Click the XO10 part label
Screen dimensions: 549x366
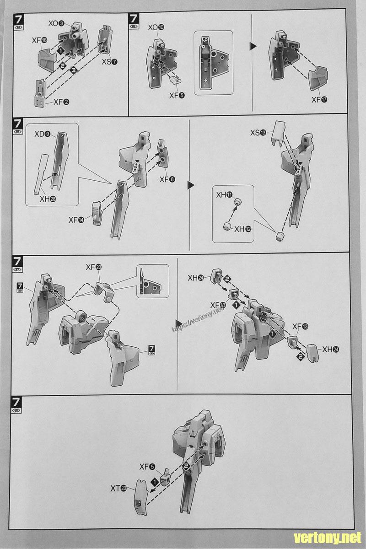tap(156, 28)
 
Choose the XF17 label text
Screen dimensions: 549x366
tap(319, 100)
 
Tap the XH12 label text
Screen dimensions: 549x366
tap(242, 229)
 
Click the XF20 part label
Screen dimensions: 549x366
tap(94, 267)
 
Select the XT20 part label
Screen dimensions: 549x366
tap(119, 488)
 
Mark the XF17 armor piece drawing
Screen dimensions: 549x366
tap(319, 79)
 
